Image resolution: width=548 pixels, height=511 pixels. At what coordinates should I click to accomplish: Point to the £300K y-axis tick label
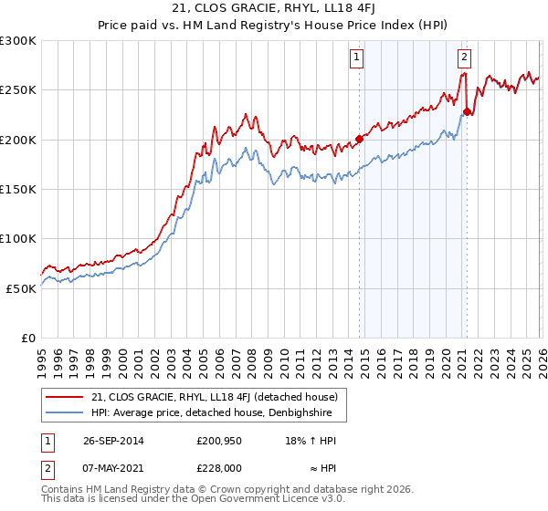click(18, 41)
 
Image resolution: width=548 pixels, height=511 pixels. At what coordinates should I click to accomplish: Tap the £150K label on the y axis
click(18, 189)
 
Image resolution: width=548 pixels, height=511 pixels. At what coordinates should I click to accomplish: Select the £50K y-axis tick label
click(21, 287)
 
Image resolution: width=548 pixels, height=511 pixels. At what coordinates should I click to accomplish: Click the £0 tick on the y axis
click(29, 338)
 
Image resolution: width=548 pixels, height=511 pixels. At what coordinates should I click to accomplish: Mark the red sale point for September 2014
click(359, 139)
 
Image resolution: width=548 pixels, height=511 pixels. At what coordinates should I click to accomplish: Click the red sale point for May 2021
click(467, 112)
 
